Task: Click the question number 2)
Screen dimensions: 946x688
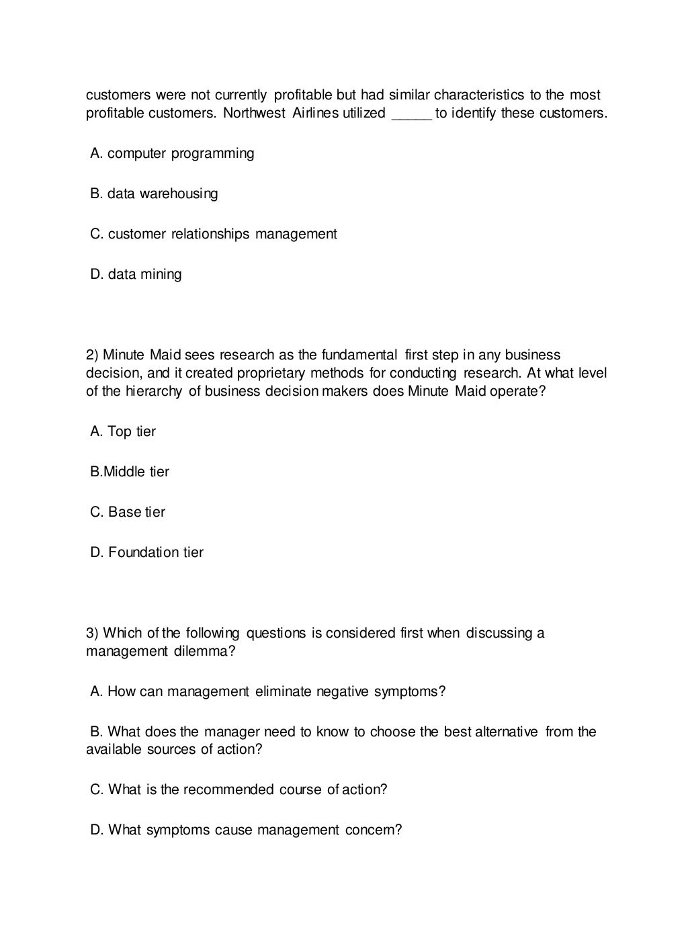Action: point(93,355)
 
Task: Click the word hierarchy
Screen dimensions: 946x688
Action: point(153,391)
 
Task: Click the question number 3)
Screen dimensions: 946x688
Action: point(93,633)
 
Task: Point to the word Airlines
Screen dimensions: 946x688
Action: point(315,113)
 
